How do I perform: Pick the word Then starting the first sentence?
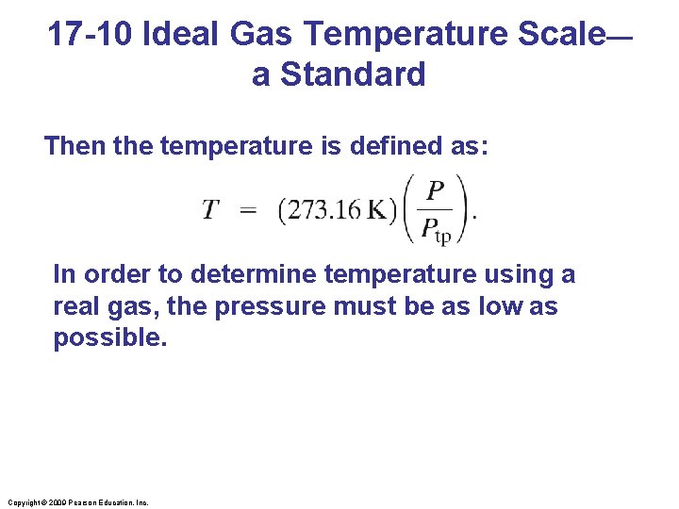pos(75,146)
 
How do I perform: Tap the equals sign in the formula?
pos(248,209)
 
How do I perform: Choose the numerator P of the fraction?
pos(435,191)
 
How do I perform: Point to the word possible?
pos(109,338)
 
